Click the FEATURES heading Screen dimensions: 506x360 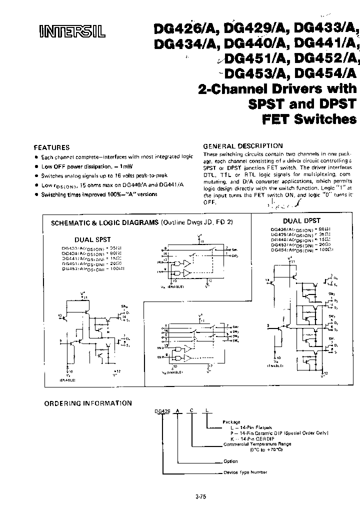point(51,147)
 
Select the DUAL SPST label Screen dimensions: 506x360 point(92,239)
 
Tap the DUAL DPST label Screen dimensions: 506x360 point(301,220)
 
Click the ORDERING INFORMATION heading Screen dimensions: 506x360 point(88,403)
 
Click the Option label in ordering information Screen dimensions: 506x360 point(229,461)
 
